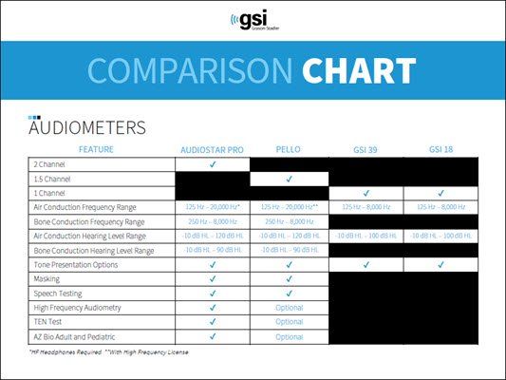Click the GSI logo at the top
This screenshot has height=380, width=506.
click(x=252, y=21)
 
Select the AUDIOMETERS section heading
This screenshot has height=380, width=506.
click(x=87, y=127)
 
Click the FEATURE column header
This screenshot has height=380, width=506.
click(x=99, y=150)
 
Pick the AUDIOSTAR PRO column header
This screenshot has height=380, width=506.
click(x=212, y=150)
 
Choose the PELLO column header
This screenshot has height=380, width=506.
click(x=289, y=150)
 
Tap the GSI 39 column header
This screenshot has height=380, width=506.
click(x=365, y=150)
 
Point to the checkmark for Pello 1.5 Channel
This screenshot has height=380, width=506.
click(x=289, y=179)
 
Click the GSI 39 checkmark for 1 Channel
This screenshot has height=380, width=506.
click(x=365, y=193)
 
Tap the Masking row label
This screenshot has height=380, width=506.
click(x=47, y=278)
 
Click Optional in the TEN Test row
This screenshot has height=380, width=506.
click(x=289, y=322)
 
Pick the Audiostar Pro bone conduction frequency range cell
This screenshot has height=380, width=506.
click(x=212, y=221)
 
